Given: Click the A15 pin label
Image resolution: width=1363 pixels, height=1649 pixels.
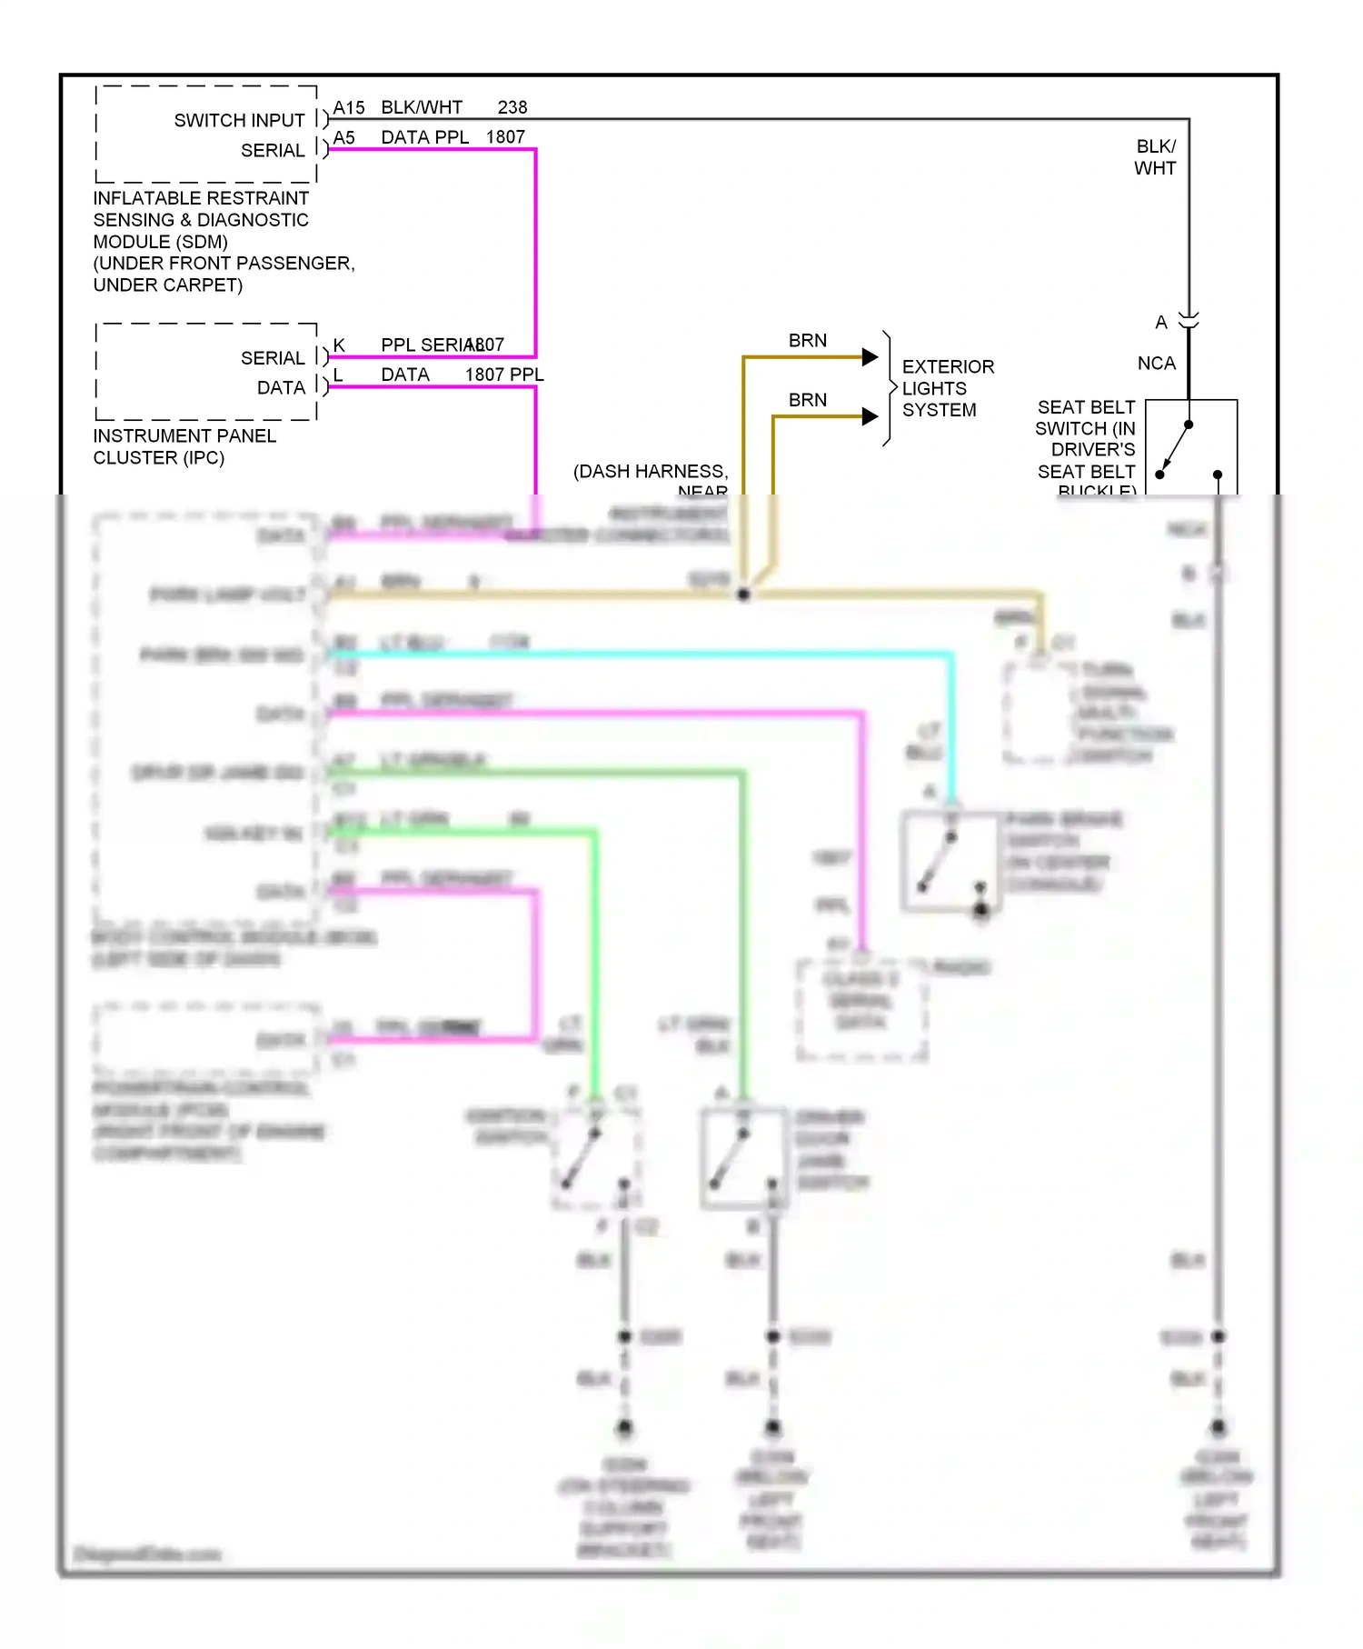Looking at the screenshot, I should click(x=348, y=108).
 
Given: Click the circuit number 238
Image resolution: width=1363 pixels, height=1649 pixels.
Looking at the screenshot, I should click(x=512, y=107).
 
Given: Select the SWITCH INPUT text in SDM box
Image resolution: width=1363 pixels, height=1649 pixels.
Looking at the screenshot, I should click(x=239, y=121).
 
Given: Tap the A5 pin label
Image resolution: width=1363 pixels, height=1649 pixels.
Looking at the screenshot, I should click(x=343, y=137).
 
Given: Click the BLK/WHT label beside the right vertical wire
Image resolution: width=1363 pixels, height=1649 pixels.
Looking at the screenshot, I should click(x=1155, y=157).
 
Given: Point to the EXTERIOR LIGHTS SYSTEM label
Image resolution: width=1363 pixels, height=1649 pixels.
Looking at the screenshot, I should click(x=947, y=388).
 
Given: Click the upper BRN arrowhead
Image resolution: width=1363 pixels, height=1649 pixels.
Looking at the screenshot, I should click(x=870, y=357).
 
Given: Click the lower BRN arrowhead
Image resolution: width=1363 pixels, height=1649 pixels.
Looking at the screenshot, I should click(x=870, y=416).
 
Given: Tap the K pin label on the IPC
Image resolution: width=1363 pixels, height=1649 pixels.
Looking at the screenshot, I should click(x=339, y=345).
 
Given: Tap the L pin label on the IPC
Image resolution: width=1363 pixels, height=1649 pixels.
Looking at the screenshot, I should click(x=338, y=375).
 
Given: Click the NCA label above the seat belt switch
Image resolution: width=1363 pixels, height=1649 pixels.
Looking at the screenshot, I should click(x=1156, y=364).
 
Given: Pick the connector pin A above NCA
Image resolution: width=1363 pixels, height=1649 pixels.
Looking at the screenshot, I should click(x=1160, y=323).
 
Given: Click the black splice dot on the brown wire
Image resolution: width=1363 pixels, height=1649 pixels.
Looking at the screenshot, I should click(x=743, y=595).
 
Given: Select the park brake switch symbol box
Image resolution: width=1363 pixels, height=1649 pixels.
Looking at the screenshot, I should click(x=950, y=861).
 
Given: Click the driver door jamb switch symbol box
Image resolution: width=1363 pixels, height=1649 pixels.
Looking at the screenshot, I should click(x=743, y=1158).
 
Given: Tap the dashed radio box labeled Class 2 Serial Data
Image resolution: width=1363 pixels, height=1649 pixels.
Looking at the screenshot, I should click(x=861, y=1009).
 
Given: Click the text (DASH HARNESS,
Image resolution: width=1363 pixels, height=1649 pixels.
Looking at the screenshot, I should click(x=651, y=472).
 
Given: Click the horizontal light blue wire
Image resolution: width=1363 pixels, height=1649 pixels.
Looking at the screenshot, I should click(x=636, y=654).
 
